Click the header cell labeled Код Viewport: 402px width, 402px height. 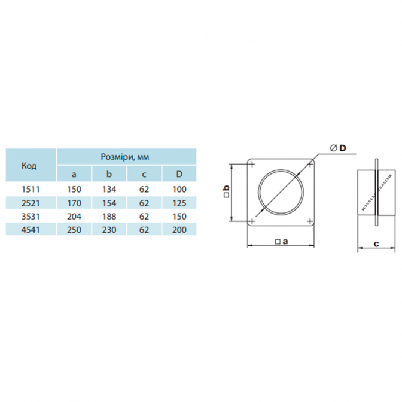(x=29, y=166)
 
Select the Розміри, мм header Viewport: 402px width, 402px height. (x=125, y=157)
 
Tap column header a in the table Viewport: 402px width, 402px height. (x=74, y=174)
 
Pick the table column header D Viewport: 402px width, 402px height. (x=179, y=174)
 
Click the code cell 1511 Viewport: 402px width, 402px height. (x=31, y=190)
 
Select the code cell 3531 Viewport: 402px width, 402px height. (x=31, y=217)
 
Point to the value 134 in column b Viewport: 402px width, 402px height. (x=109, y=190)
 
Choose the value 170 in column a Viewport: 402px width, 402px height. (x=74, y=203)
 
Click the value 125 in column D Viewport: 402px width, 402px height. (x=179, y=203)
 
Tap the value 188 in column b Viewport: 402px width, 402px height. (x=109, y=217)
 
